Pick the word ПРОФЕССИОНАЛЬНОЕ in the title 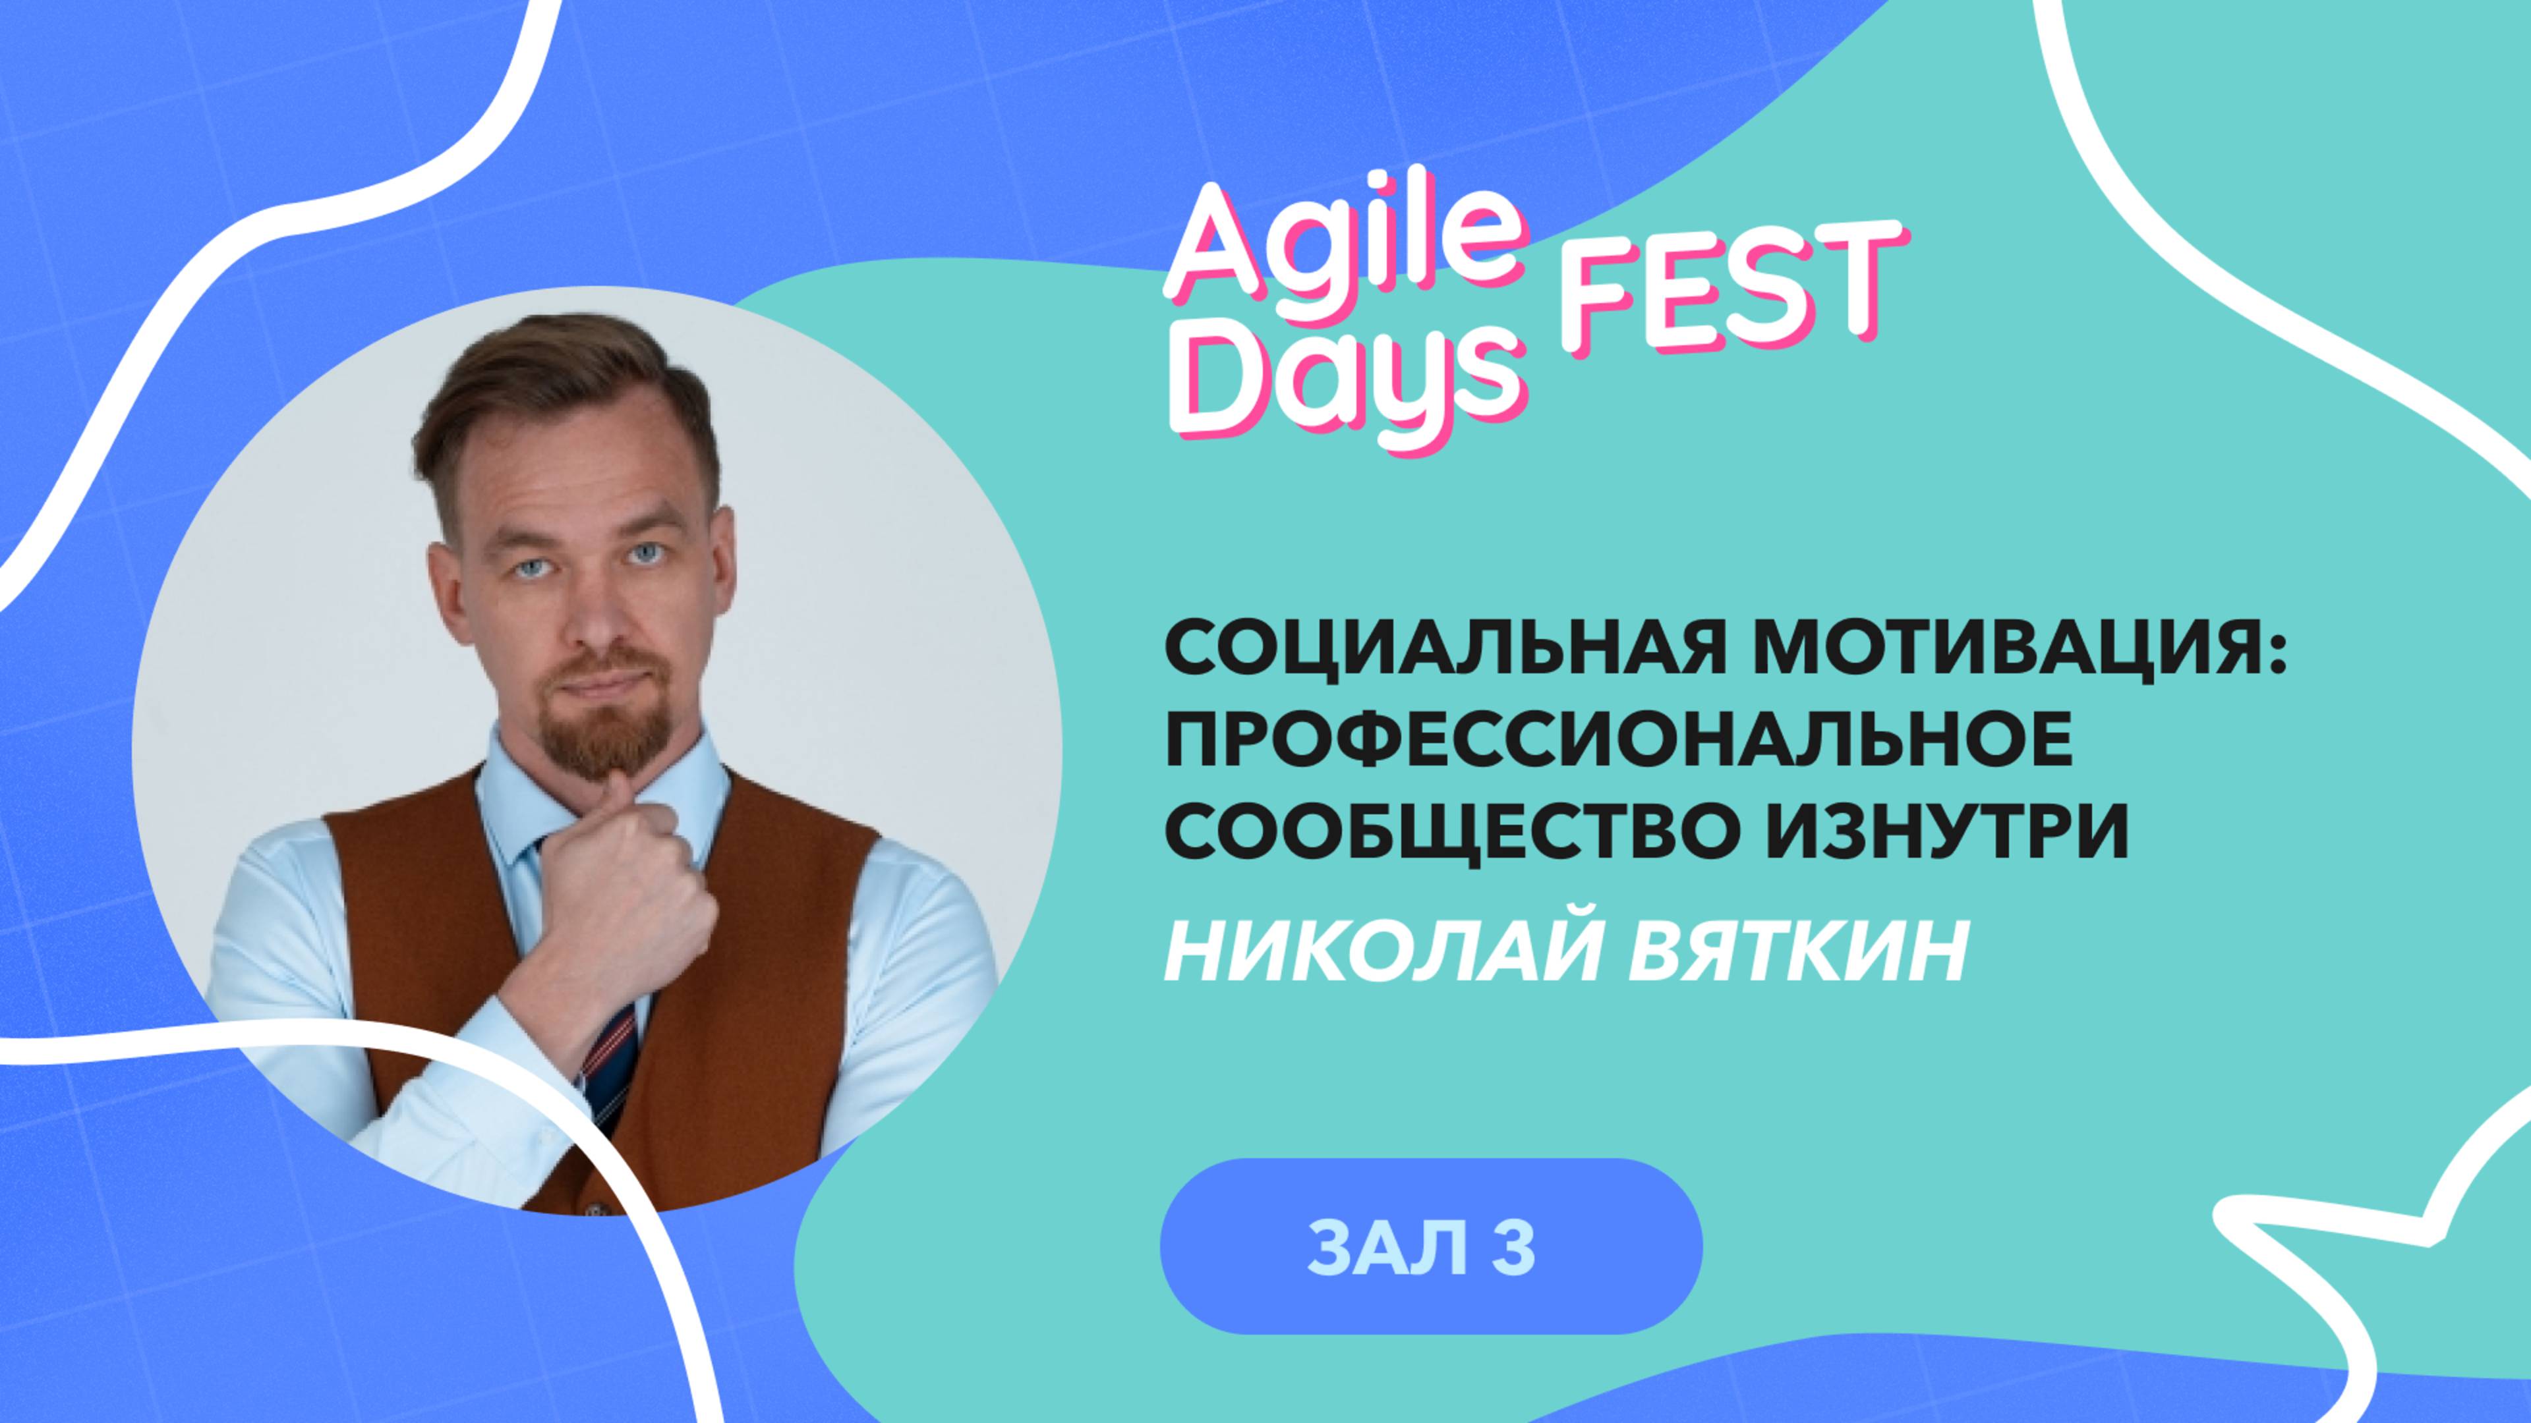coord(1617,740)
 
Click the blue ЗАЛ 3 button coord(1430,1246)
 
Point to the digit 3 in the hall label coord(1514,1247)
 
